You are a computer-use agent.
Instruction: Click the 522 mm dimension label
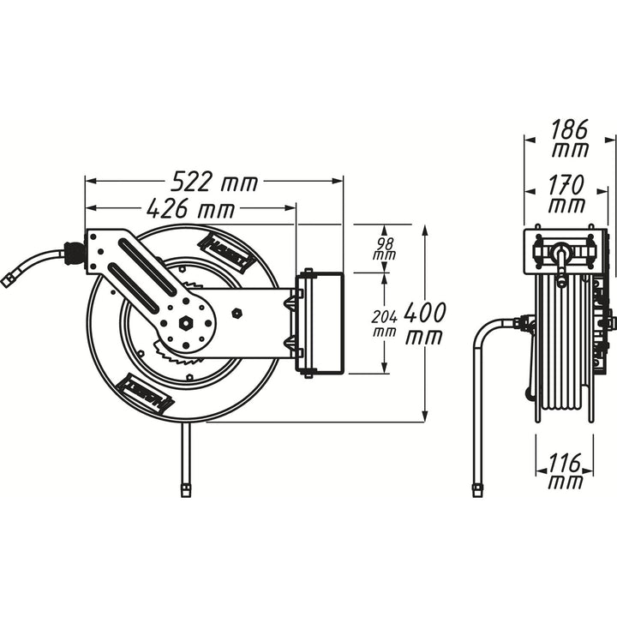(214, 182)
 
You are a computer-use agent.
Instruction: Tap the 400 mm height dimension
(422, 323)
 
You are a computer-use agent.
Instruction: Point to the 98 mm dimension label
(384, 249)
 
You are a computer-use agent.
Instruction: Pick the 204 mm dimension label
(384, 323)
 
